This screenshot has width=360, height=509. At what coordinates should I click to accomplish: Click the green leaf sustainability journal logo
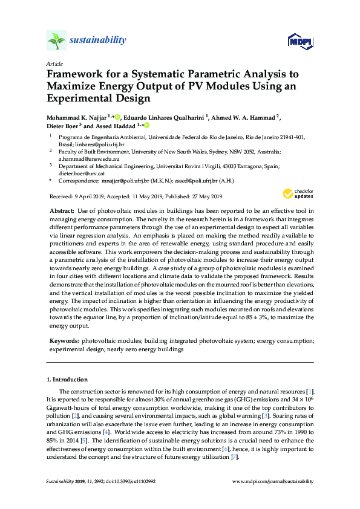[56, 41]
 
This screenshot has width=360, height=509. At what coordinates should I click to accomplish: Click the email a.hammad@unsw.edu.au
[82, 158]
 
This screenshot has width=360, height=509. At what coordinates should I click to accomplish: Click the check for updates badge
[298, 193]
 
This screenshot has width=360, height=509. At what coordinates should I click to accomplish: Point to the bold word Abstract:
[61, 209]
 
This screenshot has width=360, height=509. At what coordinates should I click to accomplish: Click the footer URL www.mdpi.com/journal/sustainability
[273, 481]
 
